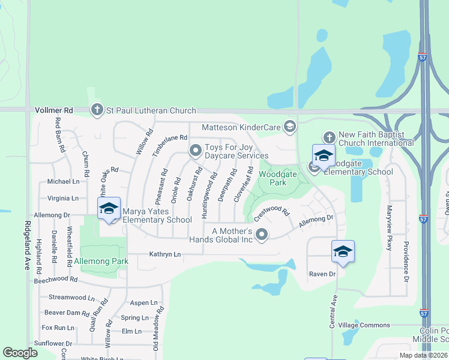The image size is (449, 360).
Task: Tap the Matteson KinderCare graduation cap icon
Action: click(290, 126)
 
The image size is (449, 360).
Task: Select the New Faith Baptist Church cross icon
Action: click(328, 138)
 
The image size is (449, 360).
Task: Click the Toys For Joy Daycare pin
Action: click(194, 151)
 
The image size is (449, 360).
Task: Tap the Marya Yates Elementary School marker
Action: click(109, 209)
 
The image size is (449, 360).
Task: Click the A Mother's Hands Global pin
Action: click(261, 235)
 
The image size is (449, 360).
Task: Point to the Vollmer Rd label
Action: click(53, 110)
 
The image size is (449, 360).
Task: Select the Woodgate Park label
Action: click(273, 178)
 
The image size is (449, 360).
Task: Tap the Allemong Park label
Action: click(101, 262)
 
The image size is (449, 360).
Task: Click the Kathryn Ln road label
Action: click(164, 254)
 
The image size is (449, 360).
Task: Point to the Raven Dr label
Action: click(322, 274)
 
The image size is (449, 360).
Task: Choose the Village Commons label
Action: click(364, 325)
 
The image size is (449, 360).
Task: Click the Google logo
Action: click(20, 353)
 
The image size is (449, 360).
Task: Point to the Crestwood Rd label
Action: click(271, 213)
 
